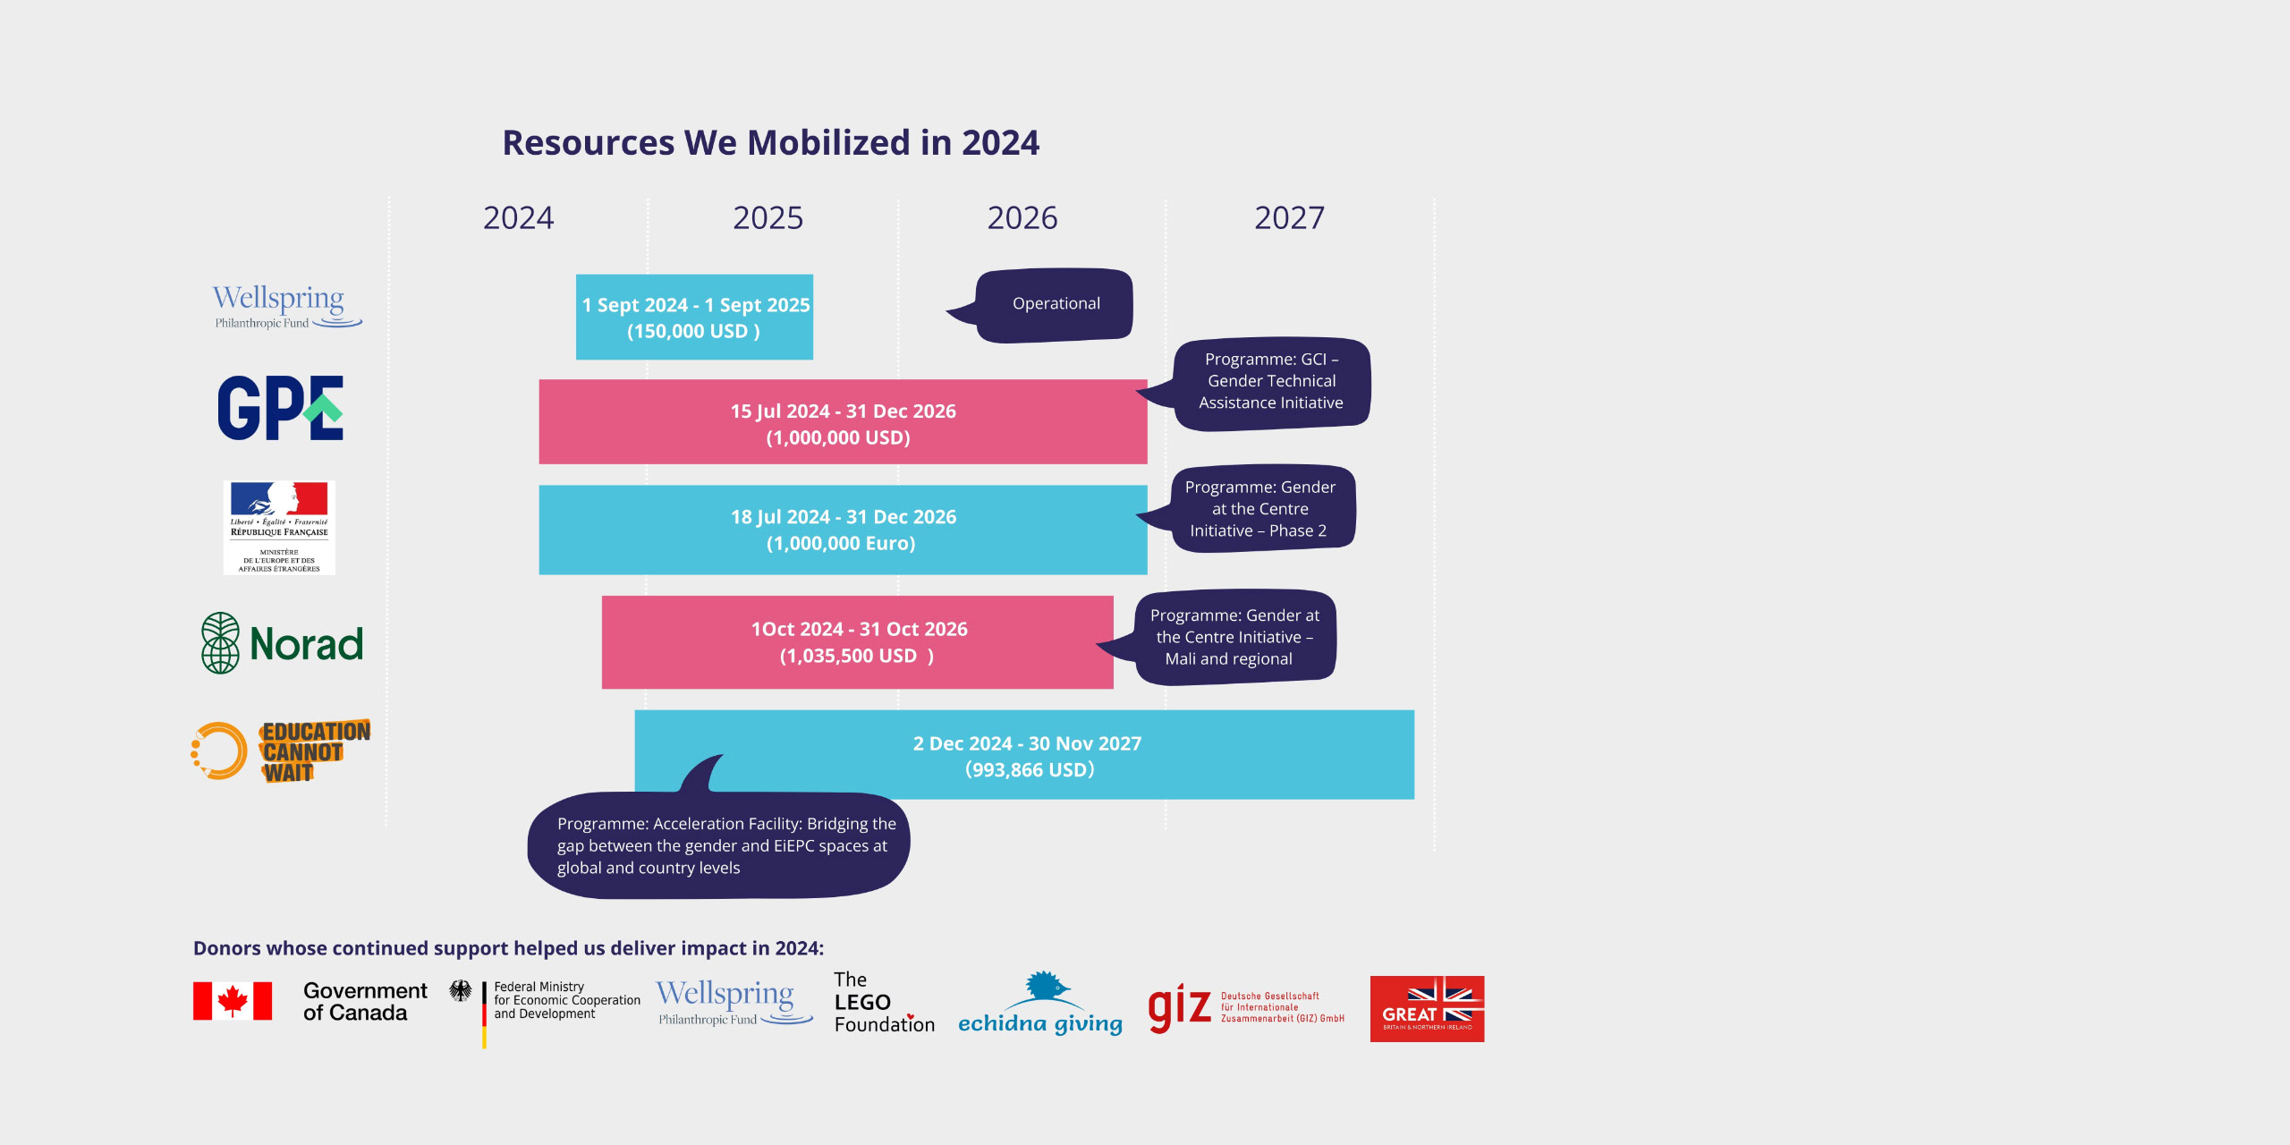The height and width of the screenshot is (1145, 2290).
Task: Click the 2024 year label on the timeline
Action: tap(518, 217)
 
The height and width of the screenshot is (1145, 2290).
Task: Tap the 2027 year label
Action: tap(1289, 217)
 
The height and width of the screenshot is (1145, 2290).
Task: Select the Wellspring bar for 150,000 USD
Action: tap(694, 317)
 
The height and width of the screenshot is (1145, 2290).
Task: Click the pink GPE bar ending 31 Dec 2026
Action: tap(843, 422)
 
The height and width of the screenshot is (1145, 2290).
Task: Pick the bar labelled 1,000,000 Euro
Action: tap(843, 530)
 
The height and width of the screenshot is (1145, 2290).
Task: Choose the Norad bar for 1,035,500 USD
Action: tap(857, 642)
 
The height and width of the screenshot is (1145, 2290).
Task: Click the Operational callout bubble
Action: tap(1056, 304)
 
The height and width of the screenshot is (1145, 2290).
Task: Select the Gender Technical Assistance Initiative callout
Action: tap(1271, 382)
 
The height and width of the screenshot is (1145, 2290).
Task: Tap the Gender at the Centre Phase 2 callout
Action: tap(1261, 509)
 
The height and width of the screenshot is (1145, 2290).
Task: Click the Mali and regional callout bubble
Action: tap(1234, 637)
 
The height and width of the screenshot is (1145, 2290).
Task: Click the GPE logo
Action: tap(280, 408)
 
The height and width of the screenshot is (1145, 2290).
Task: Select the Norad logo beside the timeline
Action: tap(283, 643)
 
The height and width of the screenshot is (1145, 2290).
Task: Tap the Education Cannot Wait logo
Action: tap(281, 751)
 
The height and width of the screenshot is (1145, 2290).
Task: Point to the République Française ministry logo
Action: tap(279, 528)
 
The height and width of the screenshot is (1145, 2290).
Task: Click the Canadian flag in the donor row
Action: tap(233, 1001)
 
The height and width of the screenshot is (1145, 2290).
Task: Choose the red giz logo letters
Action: tap(1179, 1007)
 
